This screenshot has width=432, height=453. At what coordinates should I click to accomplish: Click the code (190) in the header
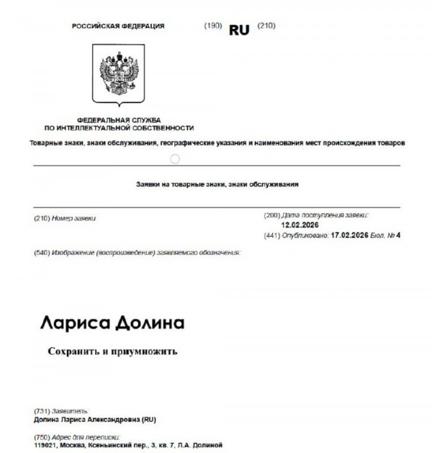tap(213, 26)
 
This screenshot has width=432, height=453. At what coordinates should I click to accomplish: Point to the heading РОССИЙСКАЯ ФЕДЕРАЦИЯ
tap(118, 26)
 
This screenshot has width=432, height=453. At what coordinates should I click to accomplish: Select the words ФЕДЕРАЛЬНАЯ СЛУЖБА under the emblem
tap(119, 120)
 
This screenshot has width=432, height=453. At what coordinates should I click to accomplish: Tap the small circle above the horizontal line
tap(174, 158)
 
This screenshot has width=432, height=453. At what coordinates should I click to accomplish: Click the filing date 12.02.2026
tap(300, 225)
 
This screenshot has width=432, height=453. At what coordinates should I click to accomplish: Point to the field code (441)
tap(272, 235)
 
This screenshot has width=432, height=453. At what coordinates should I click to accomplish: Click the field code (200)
tap(272, 215)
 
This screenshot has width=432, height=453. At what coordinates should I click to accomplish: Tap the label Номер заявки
tap(75, 217)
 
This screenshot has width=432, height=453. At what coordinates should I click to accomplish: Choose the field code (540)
tap(42, 253)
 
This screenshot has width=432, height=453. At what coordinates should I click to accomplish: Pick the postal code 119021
tap(48, 445)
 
